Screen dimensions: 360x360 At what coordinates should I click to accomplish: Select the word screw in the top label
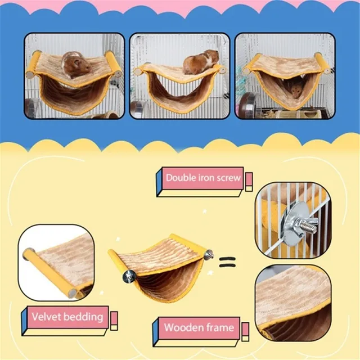(x=228, y=178)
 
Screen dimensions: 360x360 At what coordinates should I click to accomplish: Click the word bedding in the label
(x=85, y=316)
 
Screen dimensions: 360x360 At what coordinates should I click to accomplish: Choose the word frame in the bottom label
(x=220, y=326)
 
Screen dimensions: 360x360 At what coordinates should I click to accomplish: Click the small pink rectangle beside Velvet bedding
(x=114, y=318)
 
